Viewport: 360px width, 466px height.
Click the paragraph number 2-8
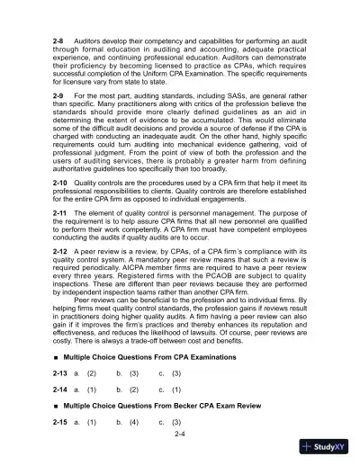click(60, 42)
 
